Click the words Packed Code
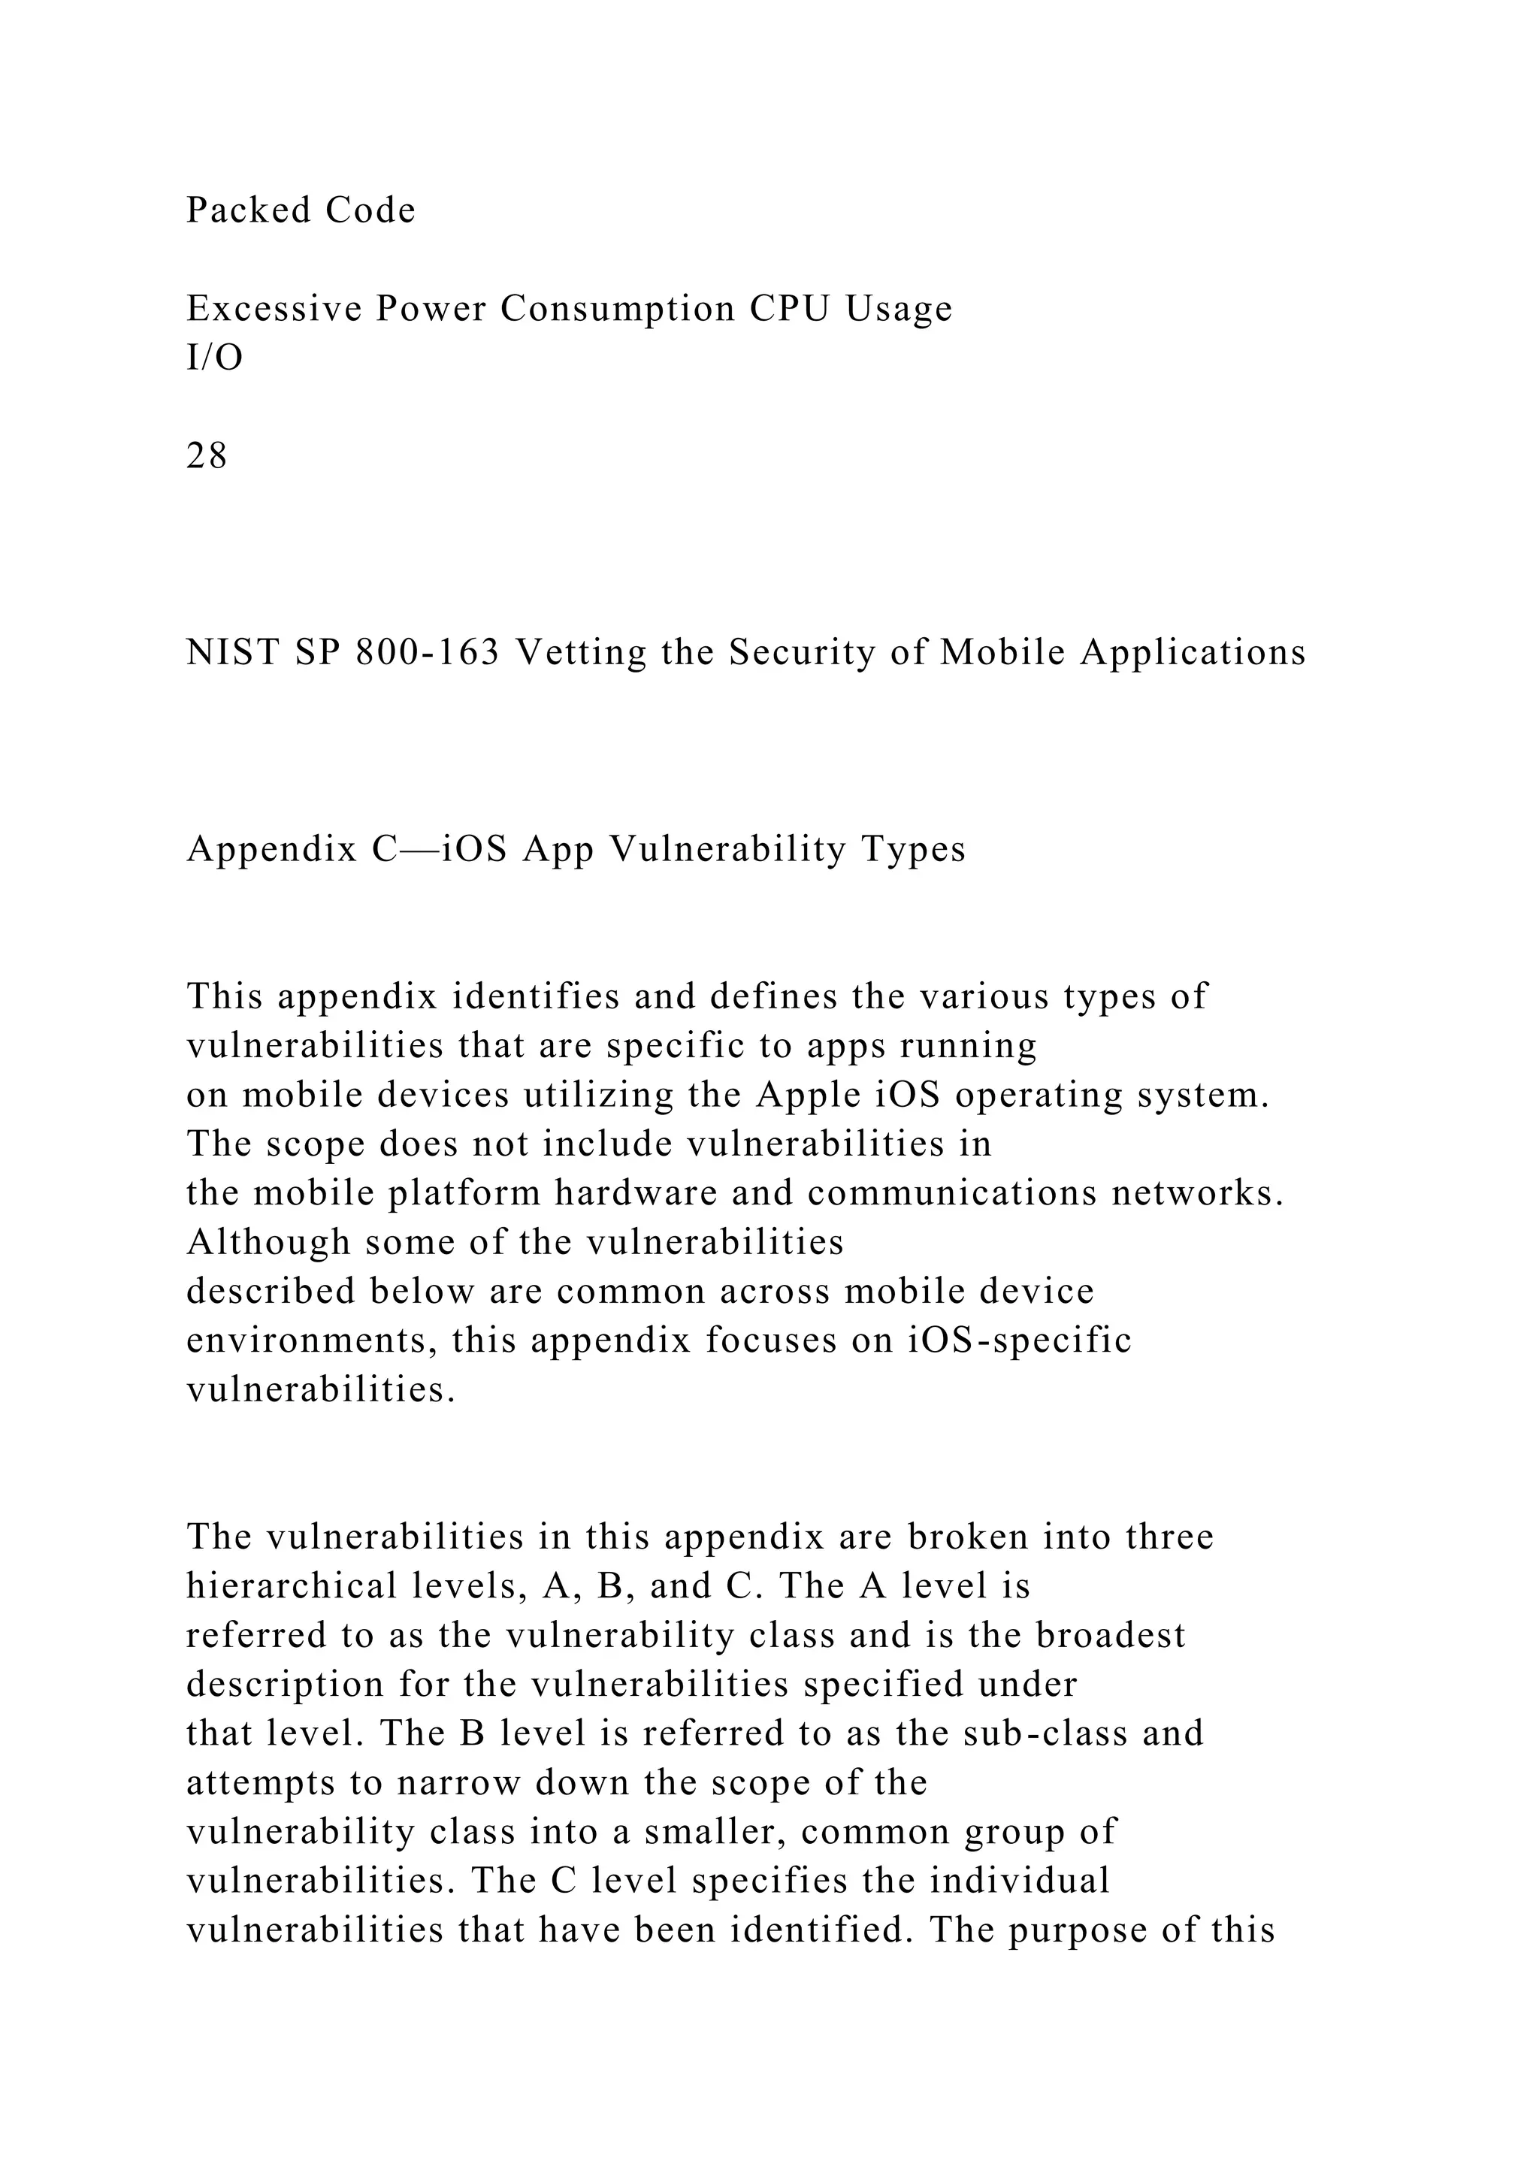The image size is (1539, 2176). tap(301, 210)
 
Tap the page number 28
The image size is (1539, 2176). tap(207, 457)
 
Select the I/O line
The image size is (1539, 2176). tap(214, 358)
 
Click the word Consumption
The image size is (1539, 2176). tap(618, 309)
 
